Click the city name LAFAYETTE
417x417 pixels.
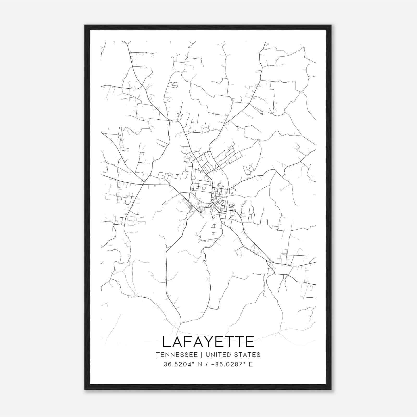[x=208, y=341]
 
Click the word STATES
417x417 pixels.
[x=249, y=355]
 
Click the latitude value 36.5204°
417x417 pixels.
[x=180, y=364]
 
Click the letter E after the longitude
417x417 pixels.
[x=251, y=364]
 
